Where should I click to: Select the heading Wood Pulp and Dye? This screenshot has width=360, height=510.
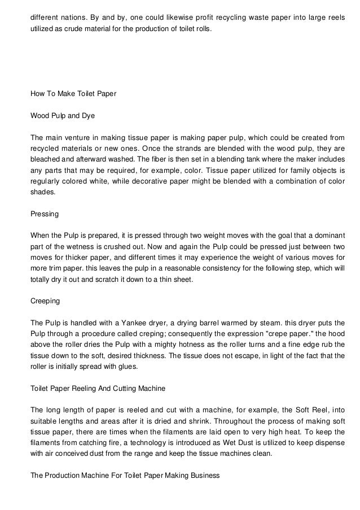62,116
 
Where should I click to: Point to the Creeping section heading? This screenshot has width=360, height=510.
45,300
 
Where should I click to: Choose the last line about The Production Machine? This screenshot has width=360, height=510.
125,475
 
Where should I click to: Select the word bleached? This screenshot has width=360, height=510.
46,159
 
